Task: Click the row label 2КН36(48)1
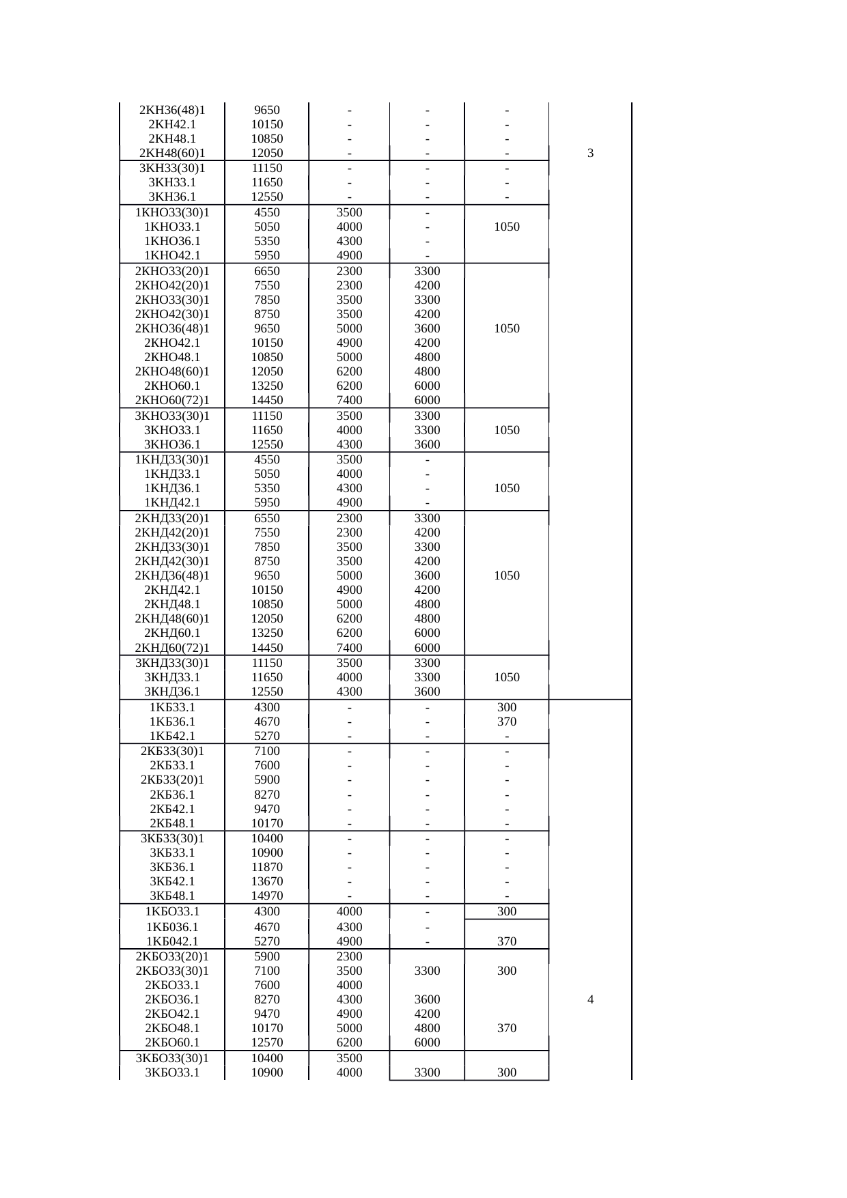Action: [172, 110]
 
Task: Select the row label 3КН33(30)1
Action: [172, 168]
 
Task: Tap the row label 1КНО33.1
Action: [172, 227]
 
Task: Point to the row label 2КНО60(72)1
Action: [172, 400]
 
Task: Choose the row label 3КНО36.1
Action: [172, 444]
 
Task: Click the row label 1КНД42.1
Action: [172, 502]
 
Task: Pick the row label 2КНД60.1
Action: [172, 633]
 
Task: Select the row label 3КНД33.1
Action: [172, 677]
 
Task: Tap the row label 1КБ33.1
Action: [172, 707]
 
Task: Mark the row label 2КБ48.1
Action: [172, 823]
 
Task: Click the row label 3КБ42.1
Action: [172, 881]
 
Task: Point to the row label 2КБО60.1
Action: [172, 1042]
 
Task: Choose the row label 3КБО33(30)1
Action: [172, 1058]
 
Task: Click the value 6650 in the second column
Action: [267, 270]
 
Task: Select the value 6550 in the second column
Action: [267, 518]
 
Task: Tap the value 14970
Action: [267, 896]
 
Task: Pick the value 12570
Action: [267, 1042]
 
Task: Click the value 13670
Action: [267, 881]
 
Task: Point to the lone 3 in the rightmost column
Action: [590, 154]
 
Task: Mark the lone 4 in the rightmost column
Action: [590, 999]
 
